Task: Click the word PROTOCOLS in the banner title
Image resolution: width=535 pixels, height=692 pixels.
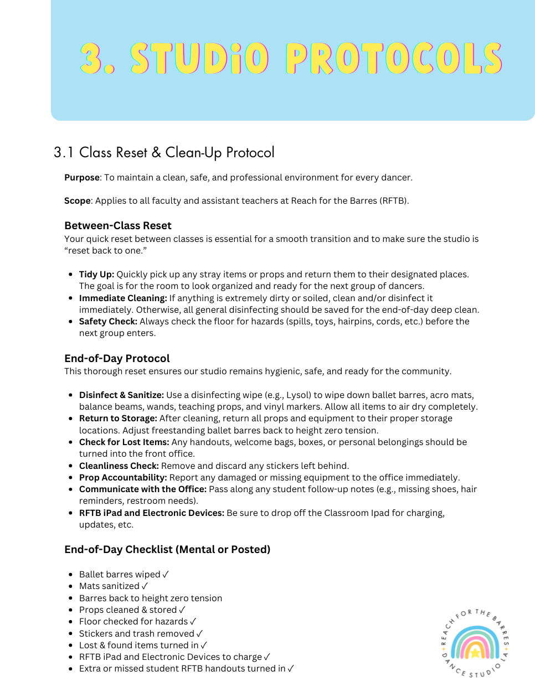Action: click(394, 59)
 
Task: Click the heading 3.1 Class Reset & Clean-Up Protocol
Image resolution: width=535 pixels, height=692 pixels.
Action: click(164, 152)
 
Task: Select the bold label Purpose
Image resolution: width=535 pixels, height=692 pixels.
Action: click(82, 178)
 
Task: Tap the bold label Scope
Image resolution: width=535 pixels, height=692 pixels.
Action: click(77, 201)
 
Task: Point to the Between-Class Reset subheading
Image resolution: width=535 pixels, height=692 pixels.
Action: click(118, 226)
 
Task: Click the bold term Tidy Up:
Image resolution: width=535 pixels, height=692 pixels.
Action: click(96, 275)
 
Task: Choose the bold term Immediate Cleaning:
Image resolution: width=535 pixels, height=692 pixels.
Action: click(123, 298)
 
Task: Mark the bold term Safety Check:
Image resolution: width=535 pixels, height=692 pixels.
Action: click(108, 322)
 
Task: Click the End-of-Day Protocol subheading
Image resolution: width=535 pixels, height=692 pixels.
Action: click(117, 359)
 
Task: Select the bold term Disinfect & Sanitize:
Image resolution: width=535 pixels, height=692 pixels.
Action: click(121, 395)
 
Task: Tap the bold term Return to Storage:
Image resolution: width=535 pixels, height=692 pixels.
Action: click(118, 419)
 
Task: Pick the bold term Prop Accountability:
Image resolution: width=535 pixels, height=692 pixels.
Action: click(123, 478)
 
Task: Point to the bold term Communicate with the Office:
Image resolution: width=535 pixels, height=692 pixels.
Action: click(143, 489)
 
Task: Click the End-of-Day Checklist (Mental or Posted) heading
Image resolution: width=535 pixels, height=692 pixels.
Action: click(167, 550)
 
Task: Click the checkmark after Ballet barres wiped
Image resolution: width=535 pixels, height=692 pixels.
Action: click(166, 575)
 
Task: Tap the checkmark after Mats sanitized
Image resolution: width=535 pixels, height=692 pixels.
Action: click(145, 586)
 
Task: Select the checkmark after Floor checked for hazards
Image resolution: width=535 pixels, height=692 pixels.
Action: click(193, 622)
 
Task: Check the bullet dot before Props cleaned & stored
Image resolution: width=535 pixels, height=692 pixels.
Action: click(71, 610)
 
